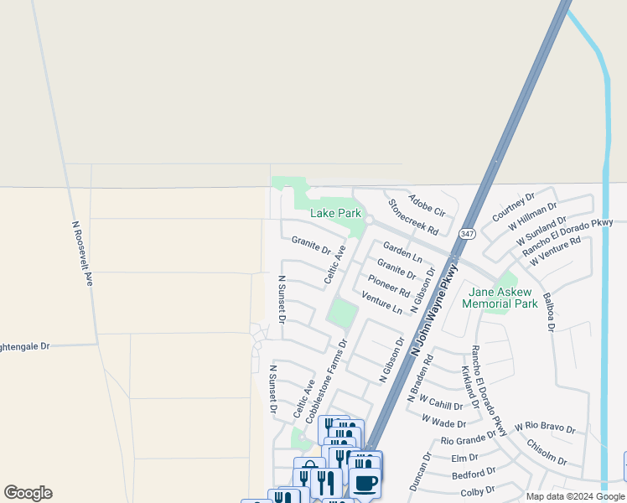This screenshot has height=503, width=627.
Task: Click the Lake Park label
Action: pos(335,214)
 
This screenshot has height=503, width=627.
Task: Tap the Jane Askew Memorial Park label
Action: pos(500,298)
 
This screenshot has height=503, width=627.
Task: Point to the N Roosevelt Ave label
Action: pos(81,253)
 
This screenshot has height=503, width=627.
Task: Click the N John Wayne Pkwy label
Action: pos(435,313)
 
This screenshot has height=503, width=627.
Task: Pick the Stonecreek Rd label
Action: pos(413,216)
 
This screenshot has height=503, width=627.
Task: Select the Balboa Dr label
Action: pos(549,312)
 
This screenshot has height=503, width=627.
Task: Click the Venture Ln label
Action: pos(382,303)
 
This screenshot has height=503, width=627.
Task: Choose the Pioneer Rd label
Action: pos(389,287)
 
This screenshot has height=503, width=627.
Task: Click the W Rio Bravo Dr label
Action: pos(545,428)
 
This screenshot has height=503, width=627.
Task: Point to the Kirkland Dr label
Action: pos(469,387)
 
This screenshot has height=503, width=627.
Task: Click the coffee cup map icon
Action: pos(365,484)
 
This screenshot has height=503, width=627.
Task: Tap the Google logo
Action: pos(28,493)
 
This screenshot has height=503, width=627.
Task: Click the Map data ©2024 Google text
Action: pos(575,496)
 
